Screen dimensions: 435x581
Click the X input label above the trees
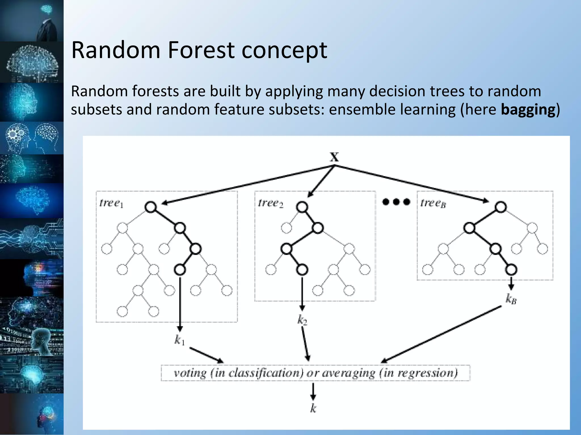click(334, 157)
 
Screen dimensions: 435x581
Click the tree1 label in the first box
click(111, 203)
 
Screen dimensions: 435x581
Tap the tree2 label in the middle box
click(270, 203)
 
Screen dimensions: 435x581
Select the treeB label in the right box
click(433, 203)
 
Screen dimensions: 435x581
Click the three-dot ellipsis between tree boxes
click(396, 202)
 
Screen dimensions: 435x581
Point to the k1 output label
click(180, 340)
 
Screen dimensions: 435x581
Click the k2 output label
click(302, 320)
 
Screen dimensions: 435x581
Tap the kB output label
click(511, 299)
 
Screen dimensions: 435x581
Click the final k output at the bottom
click(313, 408)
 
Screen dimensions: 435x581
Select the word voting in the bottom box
click(190, 373)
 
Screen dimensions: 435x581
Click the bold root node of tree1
click(151, 207)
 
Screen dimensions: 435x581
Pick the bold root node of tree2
click(302, 207)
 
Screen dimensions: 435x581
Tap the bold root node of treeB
click(501, 207)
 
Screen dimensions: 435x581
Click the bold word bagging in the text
click(528, 110)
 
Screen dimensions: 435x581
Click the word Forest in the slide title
click(201, 50)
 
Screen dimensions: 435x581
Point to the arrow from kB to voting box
click(441, 334)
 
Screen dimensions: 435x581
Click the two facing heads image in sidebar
click(32, 138)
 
